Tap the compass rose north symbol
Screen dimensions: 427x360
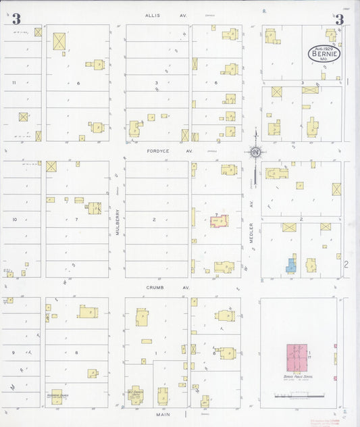pyautogui.click(x=255, y=152)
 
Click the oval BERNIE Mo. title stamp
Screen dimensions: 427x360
pyautogui.click(x=325, y=53)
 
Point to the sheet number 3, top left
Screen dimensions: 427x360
pyautogui.click(x=16, y=20)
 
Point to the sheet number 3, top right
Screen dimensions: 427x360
pyautogui.click(x=339, y=20)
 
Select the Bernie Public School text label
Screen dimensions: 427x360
pyautogui.click(x=297, y=376)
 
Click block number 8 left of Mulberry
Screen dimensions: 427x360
pyautogui.click(x=76, y=352)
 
